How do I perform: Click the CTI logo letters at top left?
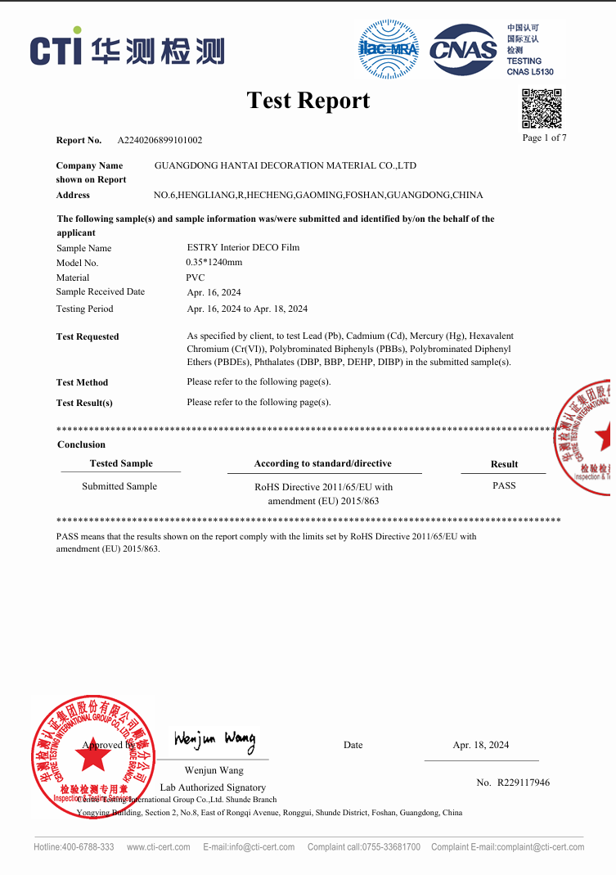coord(56,50)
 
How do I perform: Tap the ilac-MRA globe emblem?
coord(388,48)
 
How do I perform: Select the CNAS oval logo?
coord(464,49)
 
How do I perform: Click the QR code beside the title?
coord(542,109)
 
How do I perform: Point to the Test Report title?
coord(308,101)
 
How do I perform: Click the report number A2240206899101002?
coord(160,140)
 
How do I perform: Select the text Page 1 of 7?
coord(544,138)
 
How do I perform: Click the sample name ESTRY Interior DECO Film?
coord(243,247)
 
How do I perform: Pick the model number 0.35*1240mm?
coord(214,262)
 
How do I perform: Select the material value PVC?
coord(195,277)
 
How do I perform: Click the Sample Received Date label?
coord(100,291)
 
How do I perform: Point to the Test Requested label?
coord(88,336)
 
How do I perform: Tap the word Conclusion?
coord(81,444)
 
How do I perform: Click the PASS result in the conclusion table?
coord(504,485)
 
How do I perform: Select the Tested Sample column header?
coord(121,463)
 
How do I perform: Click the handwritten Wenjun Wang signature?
coord(214,741)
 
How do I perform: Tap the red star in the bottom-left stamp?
coord(94,758)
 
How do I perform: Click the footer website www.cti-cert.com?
coord(159,846)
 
